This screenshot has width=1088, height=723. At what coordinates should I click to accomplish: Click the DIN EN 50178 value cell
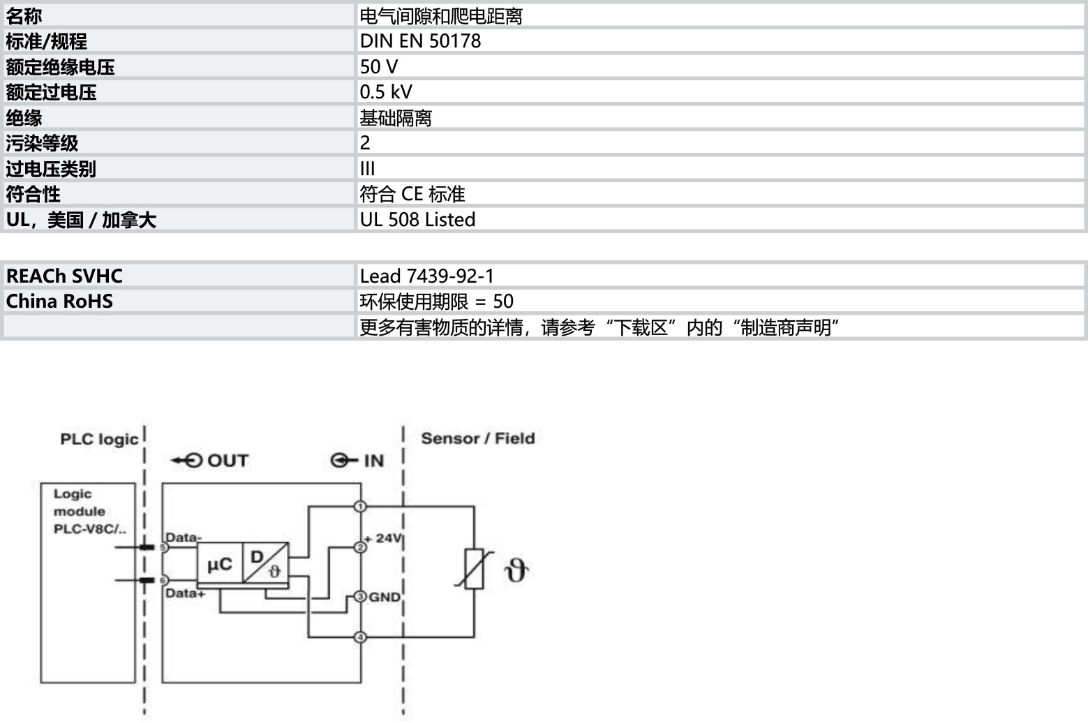pyautogui.click(x=420, y=41)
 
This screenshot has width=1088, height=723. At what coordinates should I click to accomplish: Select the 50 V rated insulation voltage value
pyautogui.click(x=379, y=67)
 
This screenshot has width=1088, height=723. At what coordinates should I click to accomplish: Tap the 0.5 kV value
pyautogui.click(x=386, y=92)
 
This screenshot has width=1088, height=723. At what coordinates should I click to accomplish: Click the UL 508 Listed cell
pyautogui.click(x=417, y=220)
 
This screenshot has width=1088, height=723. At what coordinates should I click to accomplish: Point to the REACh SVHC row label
pyautogui.click(x=64, y=276)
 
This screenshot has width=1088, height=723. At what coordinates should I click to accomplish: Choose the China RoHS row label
pyautogui.click(x=59, y=301)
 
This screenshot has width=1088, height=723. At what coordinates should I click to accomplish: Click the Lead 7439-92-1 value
pyautogui.click(x=426, y=276)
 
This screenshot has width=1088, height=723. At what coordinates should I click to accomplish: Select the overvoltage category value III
pyautogui.click(x=367, y=169)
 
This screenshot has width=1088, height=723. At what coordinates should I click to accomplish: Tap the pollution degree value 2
pyautogui.click(x=365, y=143)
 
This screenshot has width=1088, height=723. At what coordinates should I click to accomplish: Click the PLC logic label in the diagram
pyautogui.click(x=99, y=440)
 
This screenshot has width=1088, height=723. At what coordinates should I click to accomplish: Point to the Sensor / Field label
pyautogui.click(x=478, y=438)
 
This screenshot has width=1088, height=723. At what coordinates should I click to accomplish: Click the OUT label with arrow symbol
pyautogui.click(x=210, y=461)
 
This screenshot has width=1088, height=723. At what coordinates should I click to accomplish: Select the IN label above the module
pyautogui.click(x=357, y=461)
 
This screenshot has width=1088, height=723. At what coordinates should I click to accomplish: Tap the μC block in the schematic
pyautogui.click(x=220, y=564)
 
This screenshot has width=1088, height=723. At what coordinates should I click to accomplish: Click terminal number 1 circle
pyautogui.click(x=360, y=506)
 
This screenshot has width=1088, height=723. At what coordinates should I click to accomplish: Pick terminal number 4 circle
pyautogui.click(x=360, y=636)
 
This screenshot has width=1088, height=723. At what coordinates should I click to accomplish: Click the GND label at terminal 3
pyautogui.click(x=385, y=597)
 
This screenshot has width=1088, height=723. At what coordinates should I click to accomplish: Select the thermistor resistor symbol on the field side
pyautogui.click(x=474, y=569)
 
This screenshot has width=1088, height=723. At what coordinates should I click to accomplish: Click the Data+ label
pyautogui.click(x=185, y=593)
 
